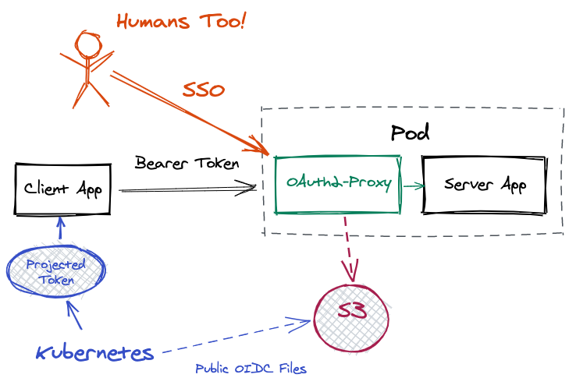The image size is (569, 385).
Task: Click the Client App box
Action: [62, 189]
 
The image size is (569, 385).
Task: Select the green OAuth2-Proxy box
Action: [337, 185]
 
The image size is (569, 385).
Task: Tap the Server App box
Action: [484, 185]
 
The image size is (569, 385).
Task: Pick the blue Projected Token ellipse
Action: [55, 272]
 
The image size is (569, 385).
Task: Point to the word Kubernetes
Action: [94, 353]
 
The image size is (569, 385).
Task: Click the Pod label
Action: [410, 132]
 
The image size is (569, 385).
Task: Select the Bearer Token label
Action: [187, 164]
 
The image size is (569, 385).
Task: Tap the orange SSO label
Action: [204, 90]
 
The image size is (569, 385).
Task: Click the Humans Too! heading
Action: [180, 21]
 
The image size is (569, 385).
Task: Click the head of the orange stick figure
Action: [87, 43]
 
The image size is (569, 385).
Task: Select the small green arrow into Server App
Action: [413, 185]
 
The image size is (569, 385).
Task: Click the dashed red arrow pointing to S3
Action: [349, 249]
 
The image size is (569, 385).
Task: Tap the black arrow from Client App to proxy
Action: [187, 189]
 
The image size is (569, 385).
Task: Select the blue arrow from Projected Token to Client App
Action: [61, 231]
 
